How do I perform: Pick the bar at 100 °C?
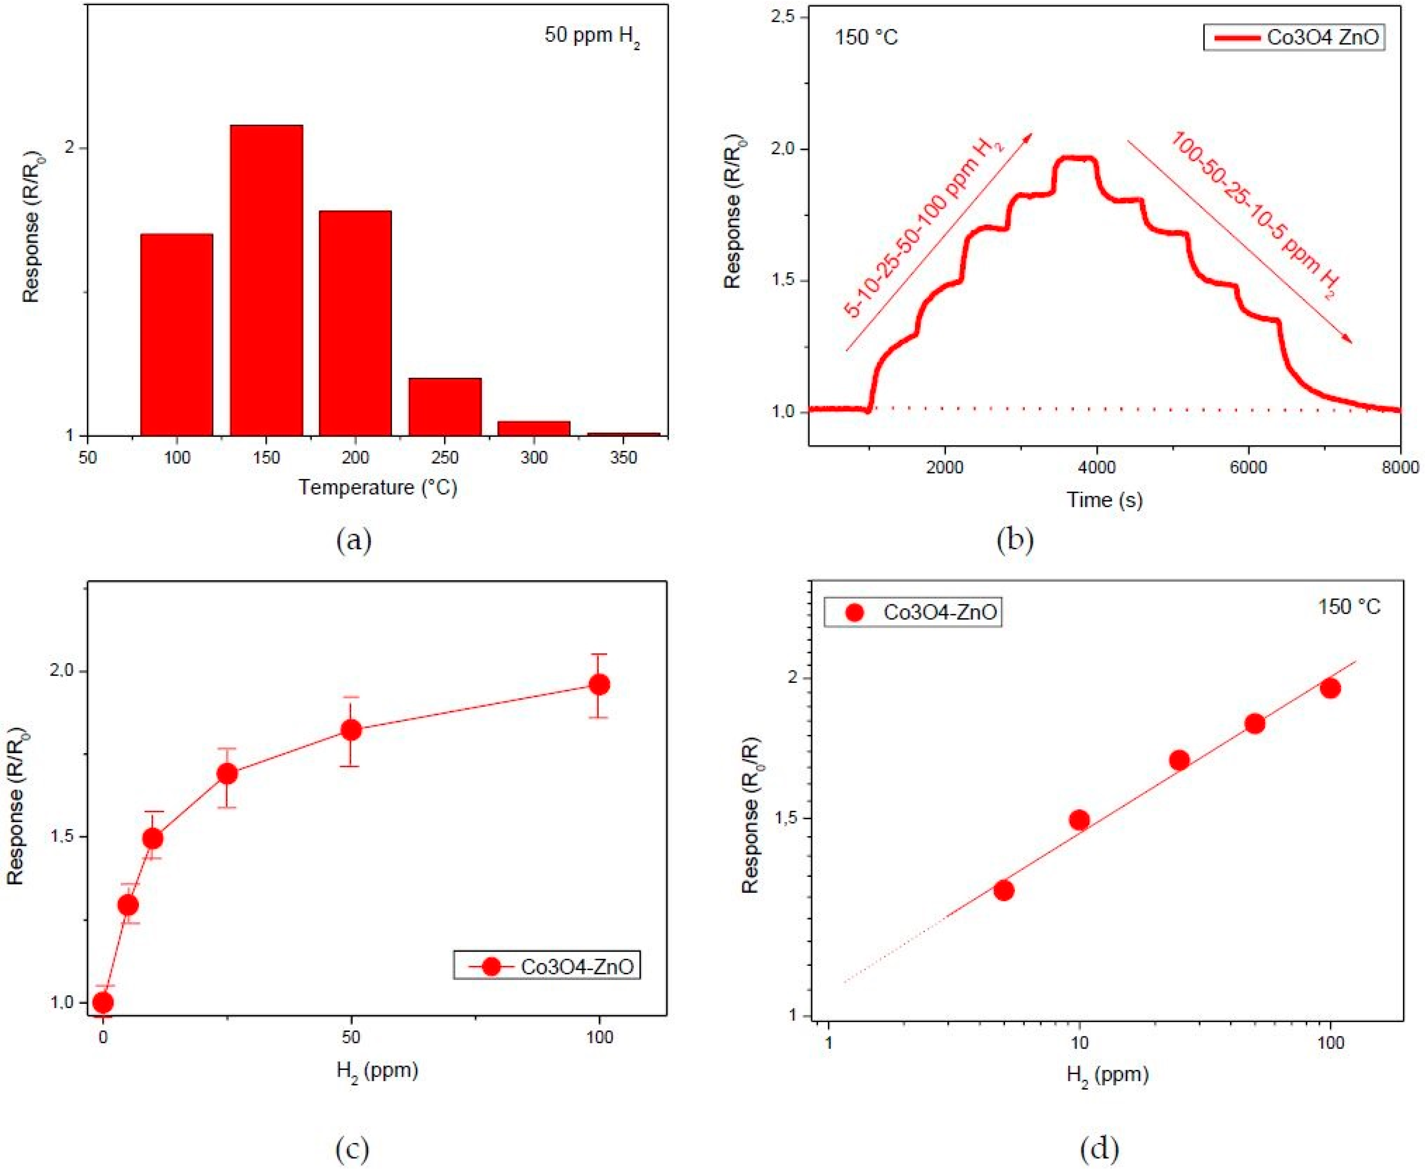[177, 334]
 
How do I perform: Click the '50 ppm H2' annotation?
[591, 36]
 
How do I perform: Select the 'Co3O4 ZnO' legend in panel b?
[1294, 37]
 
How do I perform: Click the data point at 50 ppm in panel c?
[351, 730]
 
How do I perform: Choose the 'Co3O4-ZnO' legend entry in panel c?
[547, 967]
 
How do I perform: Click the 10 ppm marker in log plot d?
[1079, 820]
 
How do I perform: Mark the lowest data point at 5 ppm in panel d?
[1004, 890]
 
